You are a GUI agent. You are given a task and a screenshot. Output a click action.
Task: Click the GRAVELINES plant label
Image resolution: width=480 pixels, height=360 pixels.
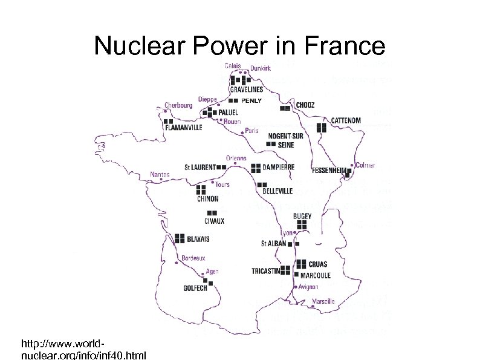point(246,90)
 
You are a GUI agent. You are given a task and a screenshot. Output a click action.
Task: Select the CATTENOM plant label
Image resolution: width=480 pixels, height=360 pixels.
point(345,120)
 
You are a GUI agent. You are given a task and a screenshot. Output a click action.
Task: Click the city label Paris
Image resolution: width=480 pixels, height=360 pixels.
point(251,130)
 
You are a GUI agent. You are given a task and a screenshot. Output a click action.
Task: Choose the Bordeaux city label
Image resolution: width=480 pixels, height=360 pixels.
point(193,258)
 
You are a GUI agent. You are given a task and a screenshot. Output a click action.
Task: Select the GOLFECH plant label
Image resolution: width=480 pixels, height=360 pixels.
point(195,288)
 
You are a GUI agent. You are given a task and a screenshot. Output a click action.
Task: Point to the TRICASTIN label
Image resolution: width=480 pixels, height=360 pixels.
point(265,271)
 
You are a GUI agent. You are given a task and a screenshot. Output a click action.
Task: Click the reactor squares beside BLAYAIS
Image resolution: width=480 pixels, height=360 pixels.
point(180,238)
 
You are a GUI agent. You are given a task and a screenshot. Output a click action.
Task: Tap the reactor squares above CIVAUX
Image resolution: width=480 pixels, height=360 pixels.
point(212,213)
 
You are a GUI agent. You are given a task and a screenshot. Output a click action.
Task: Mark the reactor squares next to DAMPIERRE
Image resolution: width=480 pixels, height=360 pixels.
point(256,167)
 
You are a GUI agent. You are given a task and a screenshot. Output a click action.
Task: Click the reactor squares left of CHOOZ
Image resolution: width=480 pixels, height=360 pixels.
point(285,109)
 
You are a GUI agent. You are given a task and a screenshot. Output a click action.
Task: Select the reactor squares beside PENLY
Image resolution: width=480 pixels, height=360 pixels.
point(233,100)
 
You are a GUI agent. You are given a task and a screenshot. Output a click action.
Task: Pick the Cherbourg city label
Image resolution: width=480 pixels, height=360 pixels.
point(178,105)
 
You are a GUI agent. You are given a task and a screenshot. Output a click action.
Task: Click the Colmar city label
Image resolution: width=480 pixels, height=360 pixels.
point(366,165)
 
